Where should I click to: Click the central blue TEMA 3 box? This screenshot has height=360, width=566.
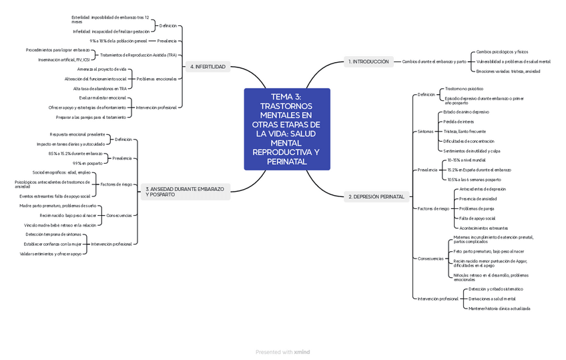point(287,129)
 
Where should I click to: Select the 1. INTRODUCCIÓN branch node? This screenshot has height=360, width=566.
point(368,61)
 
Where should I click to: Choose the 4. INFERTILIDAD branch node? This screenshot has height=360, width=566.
point(208,67)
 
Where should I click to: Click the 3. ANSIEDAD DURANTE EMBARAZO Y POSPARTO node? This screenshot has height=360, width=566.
point(185,192)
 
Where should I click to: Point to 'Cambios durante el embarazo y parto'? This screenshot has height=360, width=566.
point(434,61)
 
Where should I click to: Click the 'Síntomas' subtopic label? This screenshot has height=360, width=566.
point(425,131)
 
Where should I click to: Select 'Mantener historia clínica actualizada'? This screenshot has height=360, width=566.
point(499,308)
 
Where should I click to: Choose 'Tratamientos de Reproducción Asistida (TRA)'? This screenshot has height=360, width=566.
point(138,54)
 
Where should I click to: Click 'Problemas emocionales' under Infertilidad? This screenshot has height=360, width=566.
point(157,79)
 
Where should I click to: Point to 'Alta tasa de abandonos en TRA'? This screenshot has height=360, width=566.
point(100,88)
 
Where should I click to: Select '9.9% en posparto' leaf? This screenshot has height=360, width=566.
point(87,163)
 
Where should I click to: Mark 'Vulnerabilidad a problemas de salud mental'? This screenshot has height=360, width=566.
point(513,61)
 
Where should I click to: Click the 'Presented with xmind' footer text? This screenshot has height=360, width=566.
point(283,352)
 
